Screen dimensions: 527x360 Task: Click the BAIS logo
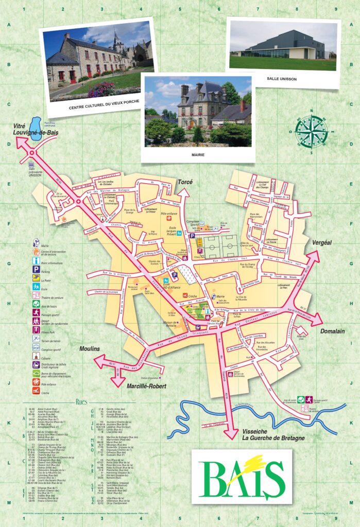point(242,477)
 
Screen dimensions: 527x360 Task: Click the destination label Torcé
point(185,182)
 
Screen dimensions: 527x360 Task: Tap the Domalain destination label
point(332,331)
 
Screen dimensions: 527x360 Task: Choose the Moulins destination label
point(89,349)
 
